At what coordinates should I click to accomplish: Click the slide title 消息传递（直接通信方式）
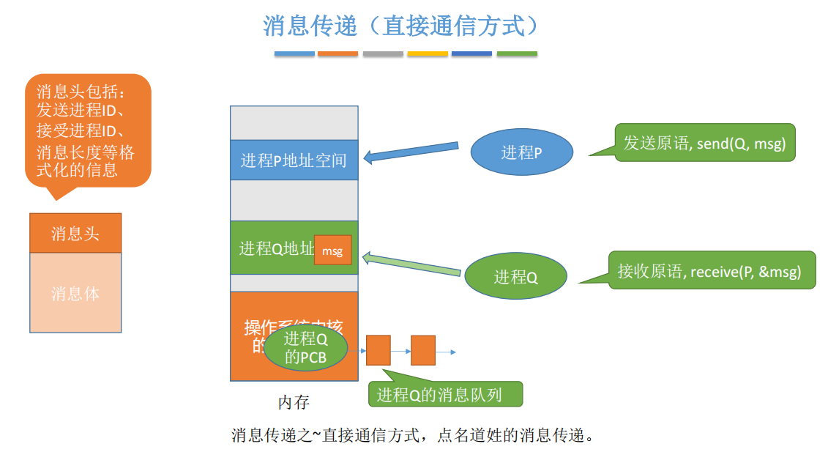pos(402,26)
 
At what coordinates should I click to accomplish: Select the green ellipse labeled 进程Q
pos(515,276)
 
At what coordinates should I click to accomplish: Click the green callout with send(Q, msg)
pos(704,143)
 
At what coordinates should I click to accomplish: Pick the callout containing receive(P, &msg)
pos(710,271)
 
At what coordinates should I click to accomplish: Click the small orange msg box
pos(332,251)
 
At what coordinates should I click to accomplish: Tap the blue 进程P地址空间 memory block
pos(294,160)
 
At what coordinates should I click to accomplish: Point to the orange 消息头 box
pos(75,234)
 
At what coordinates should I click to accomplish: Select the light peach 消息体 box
pos(75,293)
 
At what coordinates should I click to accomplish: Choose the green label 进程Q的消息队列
pos(445,395)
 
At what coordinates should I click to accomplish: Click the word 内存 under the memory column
pos(294,402)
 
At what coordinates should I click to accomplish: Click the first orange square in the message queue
pos(378,350)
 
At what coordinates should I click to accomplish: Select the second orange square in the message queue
pos(423,350)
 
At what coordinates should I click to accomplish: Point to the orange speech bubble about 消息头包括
pos(86,130)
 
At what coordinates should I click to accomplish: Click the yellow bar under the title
pos(428,53)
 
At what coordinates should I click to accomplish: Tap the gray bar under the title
pos(383,53)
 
